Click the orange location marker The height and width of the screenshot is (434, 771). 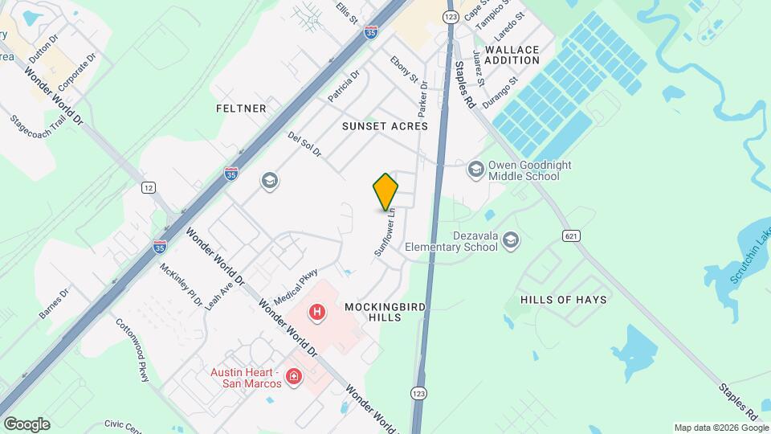point(386,192)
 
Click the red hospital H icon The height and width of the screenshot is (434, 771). point(318,311)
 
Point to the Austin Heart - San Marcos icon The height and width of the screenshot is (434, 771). point(294,376)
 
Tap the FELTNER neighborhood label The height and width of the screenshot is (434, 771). point(241,108)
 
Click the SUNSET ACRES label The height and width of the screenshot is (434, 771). point(385,126)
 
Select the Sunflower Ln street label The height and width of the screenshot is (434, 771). point(385,233)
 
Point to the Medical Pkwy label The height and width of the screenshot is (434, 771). point(296,286)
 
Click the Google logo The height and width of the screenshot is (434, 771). point(27,424)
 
